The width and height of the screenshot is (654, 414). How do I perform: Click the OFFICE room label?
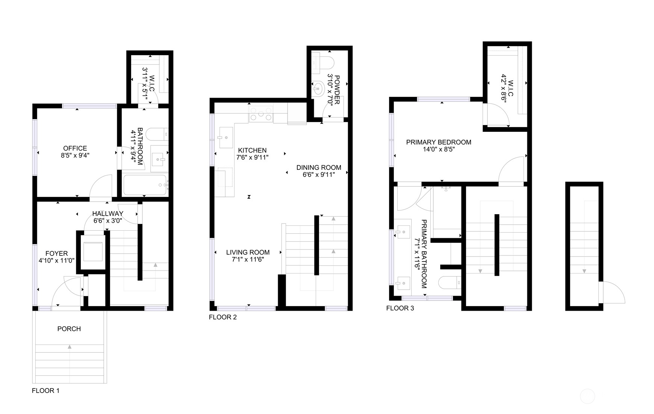click(75, 148)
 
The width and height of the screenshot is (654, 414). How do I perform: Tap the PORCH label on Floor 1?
click(69, 329)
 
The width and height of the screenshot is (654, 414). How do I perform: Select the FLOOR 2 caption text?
click(223, 317)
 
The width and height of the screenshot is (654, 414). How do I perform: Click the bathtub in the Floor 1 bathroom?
click(145, 185)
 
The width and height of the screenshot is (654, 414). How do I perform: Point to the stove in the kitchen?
click(260, 114)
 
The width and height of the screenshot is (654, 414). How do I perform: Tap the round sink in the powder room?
click(318, 89)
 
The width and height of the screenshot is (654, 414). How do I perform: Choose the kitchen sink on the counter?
click(226, 137)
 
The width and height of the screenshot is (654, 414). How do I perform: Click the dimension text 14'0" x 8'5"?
click(438, 149)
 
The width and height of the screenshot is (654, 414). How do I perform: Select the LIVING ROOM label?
click(248, 252)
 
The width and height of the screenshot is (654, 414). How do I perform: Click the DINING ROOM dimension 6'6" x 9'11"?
click(318, 174)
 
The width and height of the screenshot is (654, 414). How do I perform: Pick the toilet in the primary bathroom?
click(450, 283)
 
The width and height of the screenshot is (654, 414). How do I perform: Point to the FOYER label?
click(56, 254)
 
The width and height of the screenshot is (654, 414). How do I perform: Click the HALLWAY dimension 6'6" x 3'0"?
click(107, 221)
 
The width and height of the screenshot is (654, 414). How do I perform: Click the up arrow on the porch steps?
click(70, 346)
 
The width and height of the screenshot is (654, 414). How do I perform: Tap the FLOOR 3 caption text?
click(400, 308)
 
